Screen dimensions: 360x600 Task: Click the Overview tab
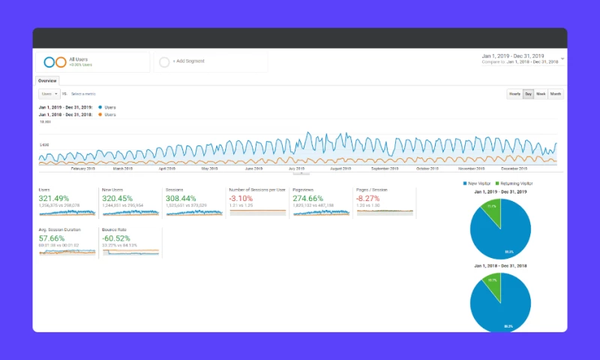48,80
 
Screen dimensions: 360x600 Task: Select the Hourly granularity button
514,94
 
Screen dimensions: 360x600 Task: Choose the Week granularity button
541,94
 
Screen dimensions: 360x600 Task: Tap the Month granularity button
556,94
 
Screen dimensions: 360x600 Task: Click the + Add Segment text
189,61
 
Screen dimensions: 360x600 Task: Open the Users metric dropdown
49,94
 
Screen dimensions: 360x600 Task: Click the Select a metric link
83,94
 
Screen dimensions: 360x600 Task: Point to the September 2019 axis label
384,169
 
